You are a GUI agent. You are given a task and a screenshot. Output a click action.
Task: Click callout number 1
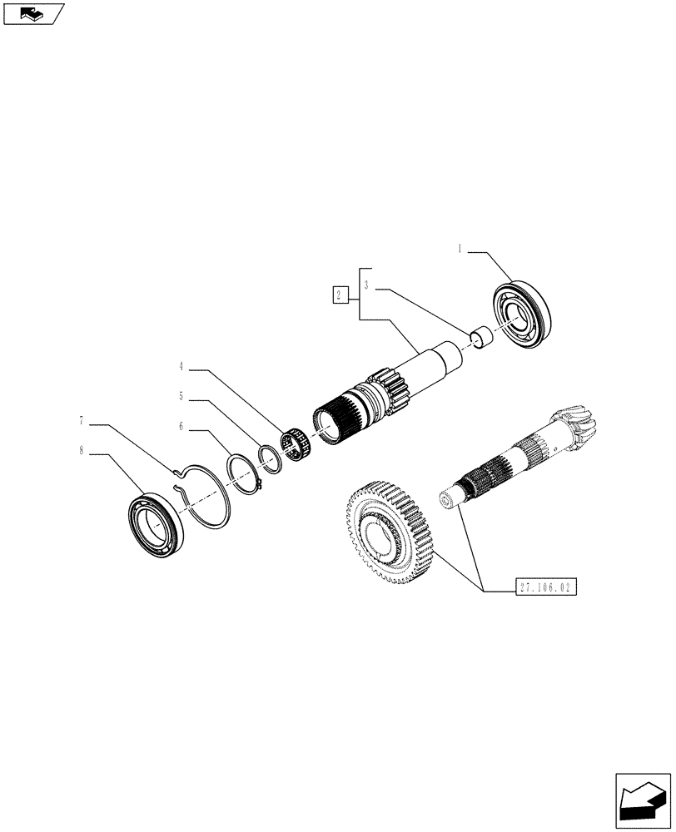coord(459,248)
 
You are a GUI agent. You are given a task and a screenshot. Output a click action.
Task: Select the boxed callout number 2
coord(339,295)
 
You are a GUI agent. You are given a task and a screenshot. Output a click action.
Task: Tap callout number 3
coord(366,285)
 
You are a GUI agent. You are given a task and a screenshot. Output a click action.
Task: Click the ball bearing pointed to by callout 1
coord(522,317)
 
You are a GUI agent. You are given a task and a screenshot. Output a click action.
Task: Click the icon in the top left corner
coord(32,13)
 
